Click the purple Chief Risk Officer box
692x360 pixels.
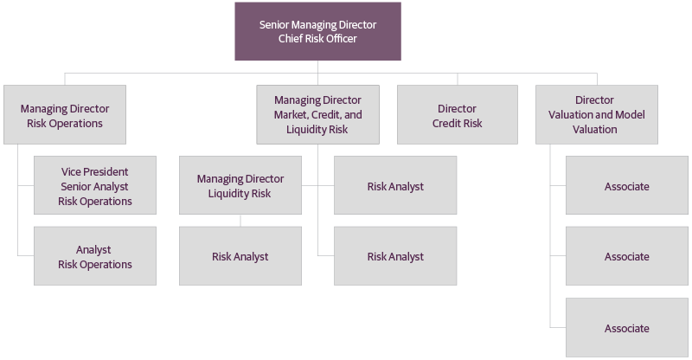click(317, 30)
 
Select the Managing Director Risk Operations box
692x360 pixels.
click(65, 114)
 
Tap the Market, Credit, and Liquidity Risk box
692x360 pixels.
click(317, 114)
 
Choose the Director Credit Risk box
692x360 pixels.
click(457, 114)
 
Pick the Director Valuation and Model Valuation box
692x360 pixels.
click(596, 114)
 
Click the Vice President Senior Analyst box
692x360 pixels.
click(95, 185)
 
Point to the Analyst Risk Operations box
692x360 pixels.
click(95, 256)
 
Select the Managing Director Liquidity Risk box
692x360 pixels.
click(240, 185)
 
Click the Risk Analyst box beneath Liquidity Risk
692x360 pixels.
click(240, 256)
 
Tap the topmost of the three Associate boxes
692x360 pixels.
click(626, 185)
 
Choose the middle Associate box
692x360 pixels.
click(626, 256)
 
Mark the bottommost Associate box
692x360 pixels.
click(626, 328)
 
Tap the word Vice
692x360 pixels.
click(73, 171)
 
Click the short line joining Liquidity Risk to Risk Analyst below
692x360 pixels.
click(240, 220)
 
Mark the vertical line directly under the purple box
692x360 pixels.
click(317, 67)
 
